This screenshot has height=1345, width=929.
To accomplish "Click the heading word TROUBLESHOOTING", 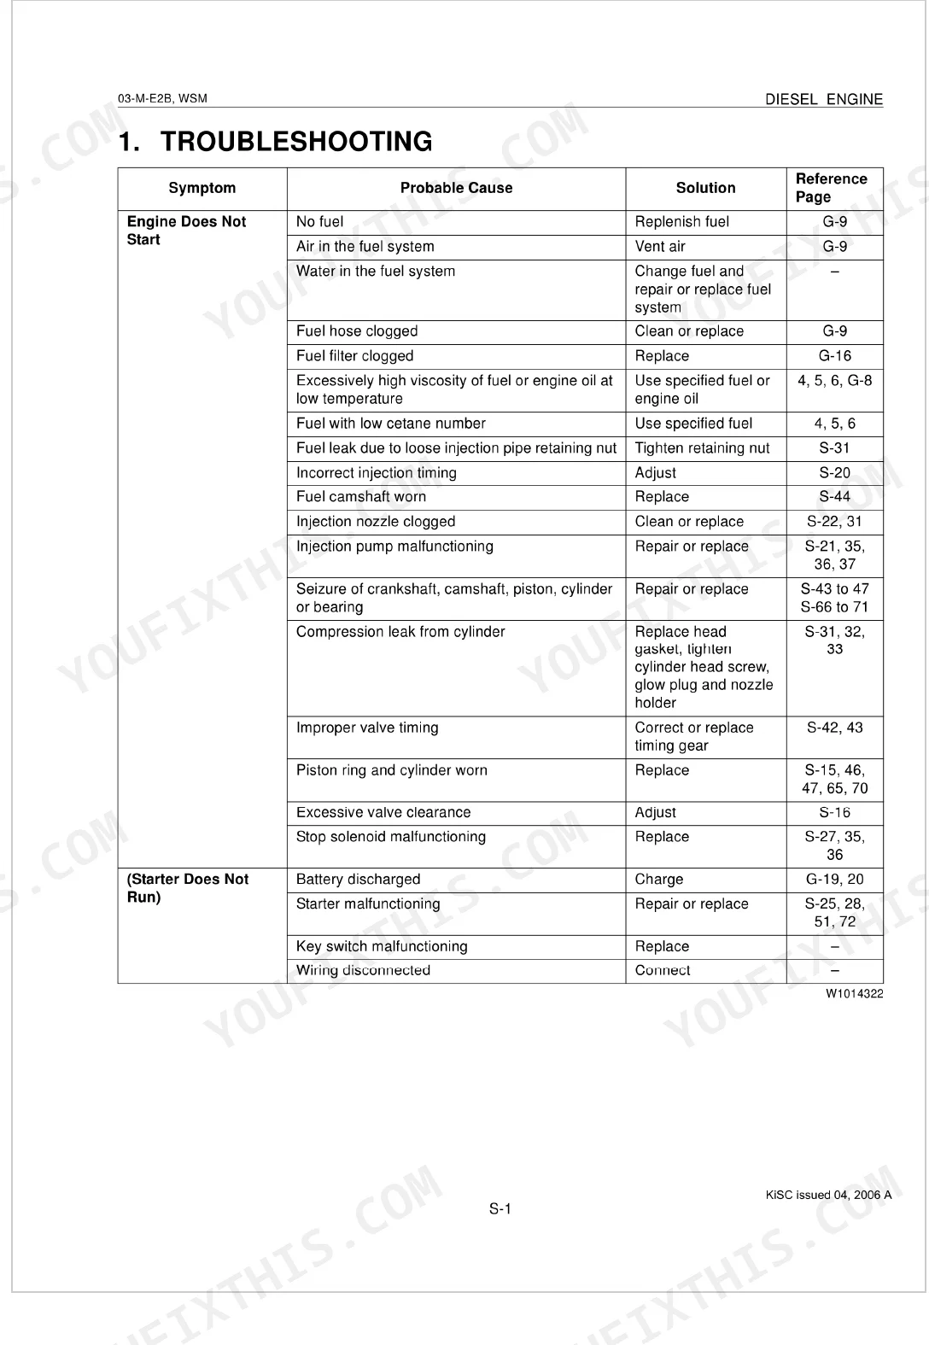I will click(296, 142).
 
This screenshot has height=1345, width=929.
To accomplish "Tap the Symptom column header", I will click(202, 188).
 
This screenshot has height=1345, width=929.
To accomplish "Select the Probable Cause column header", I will click(456, 188).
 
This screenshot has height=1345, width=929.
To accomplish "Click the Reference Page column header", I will click(831, 188).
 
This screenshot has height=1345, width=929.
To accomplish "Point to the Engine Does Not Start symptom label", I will click(186, 231).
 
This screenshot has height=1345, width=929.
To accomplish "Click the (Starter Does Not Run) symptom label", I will click(187, 888).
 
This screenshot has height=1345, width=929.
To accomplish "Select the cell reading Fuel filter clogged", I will click(354, 356).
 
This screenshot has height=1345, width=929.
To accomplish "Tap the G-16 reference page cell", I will click(834, 356).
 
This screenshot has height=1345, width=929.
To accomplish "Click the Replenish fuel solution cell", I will click(681, 222).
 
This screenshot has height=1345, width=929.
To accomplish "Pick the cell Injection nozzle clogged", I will click(376, 522).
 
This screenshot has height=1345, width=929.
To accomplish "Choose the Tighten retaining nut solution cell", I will click(702, 448).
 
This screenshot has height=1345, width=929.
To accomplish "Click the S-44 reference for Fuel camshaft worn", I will click(834, 497).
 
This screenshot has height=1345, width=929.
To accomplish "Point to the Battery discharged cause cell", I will click(358, 880).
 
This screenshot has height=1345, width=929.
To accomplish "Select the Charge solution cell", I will click(658, 880).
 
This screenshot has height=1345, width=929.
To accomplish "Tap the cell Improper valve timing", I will click(367, 728).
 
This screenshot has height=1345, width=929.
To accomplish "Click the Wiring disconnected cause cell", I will click(363, 970).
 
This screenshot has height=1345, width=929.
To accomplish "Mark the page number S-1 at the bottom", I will click(500, 1208).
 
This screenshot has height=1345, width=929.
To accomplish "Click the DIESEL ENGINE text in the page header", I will click(823, 99).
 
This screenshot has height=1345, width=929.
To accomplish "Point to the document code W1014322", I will click(854, 994).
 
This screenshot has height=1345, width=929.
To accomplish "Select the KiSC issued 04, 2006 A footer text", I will click(827, 1195).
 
